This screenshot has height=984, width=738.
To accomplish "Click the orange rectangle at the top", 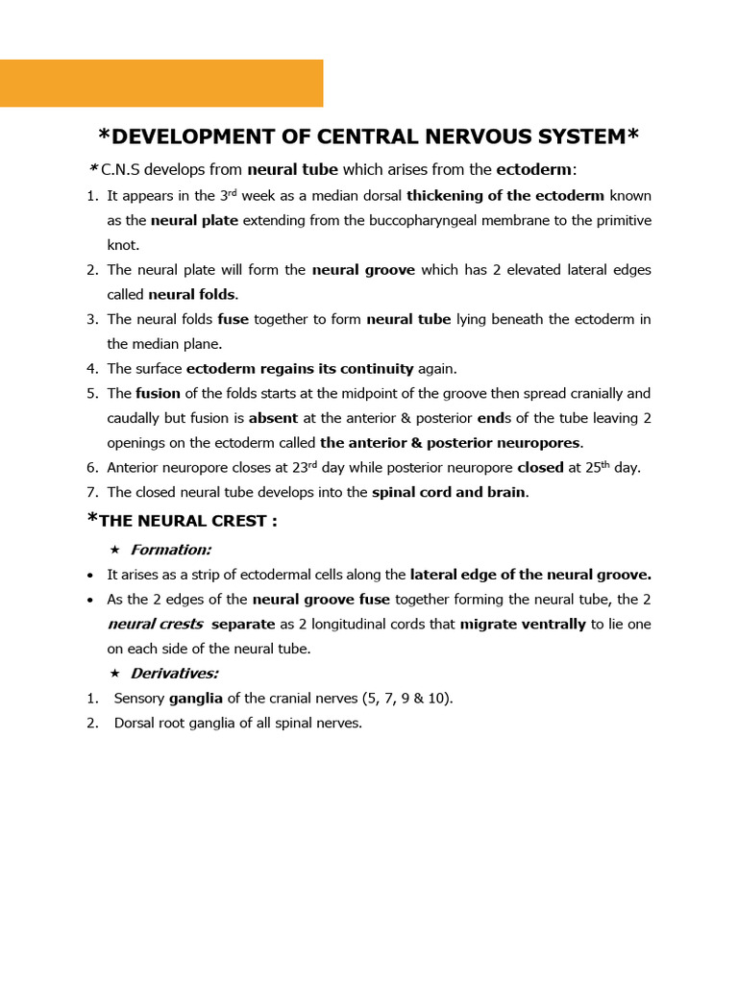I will pyautogui.click(x=161, y=83).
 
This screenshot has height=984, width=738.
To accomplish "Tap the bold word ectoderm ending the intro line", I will pyautogui.click(x=533, y=170).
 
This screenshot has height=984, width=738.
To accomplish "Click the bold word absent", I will pyautogui.click(x=273, y=418).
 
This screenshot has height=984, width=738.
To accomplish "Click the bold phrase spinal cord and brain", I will pyautogui.click(x=449, y=492).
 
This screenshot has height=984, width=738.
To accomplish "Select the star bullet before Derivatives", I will pyautogui.click(x=115, y=674).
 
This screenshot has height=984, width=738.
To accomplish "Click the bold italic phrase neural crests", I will pyautogui.click(x=155, y=624).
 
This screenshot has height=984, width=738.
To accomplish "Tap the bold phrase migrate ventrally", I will pyautogui.click(x=523, y=624).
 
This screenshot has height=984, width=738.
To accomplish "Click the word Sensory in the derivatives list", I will pyautogui.click(x=139, y=699).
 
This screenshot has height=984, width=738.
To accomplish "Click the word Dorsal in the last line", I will pyautogui.click(x=134, y=723).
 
